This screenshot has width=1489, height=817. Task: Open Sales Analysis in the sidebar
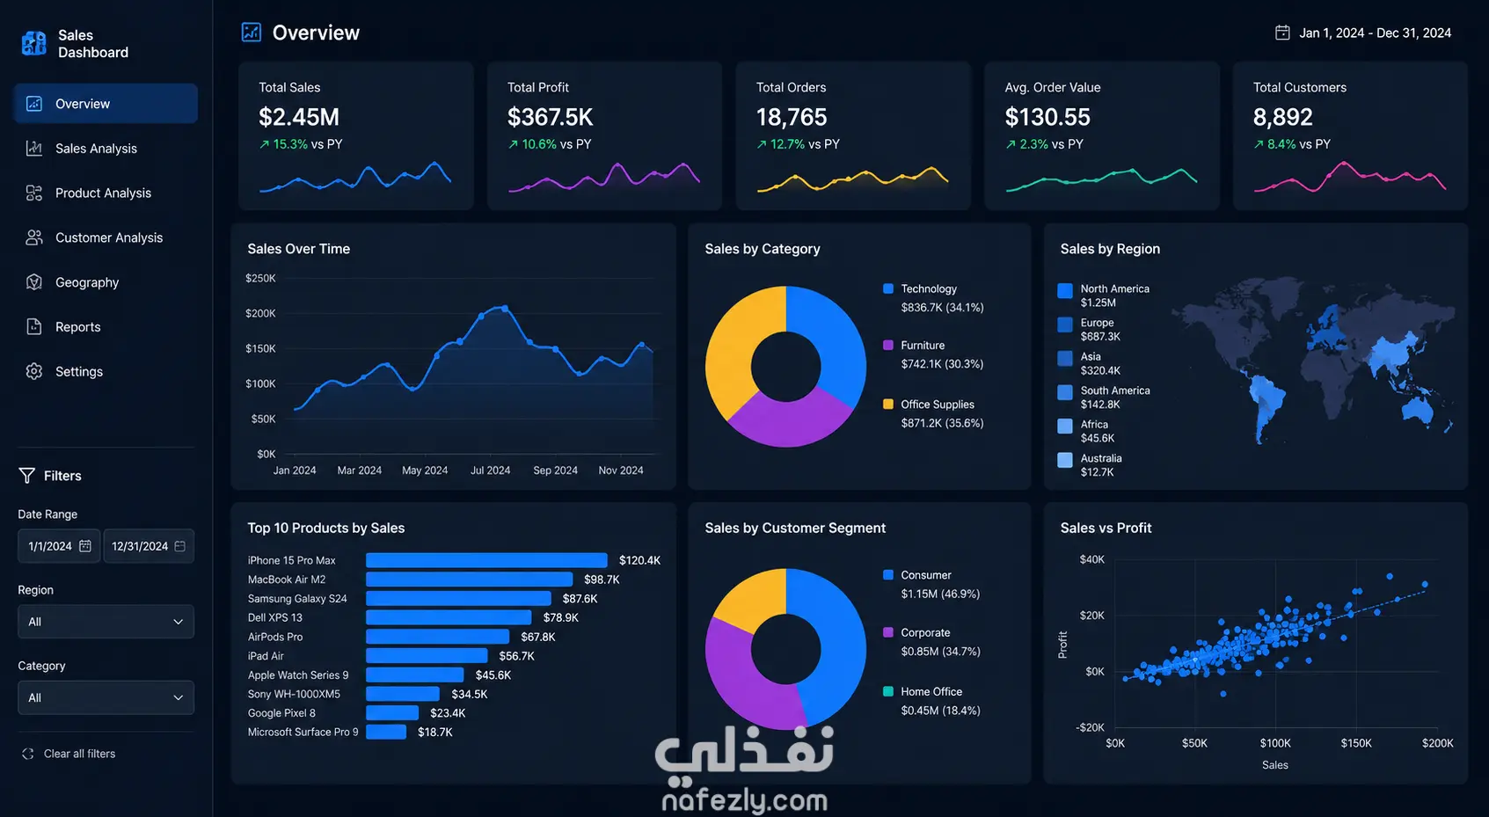coord(96,149)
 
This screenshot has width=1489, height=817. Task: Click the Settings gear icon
coord(34,371)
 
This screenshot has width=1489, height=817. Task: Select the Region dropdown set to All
coord(106,622)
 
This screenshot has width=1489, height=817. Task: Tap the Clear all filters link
coord(79,753)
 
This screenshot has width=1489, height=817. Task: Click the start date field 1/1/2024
coord(59,546)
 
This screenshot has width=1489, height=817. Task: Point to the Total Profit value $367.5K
coord(550,117)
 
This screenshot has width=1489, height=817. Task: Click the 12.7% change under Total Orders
coord(787,144)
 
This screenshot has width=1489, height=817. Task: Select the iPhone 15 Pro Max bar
coord(486,560)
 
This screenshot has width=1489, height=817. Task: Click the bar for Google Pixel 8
coord(392,712)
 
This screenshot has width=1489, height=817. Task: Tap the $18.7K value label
coord(434,732)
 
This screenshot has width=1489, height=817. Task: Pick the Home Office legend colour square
coord(888,691)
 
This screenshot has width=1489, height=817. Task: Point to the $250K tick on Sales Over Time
coord(260,278)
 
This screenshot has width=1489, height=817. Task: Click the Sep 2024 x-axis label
coord(555,470)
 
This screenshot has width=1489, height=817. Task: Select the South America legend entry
coord(1104,397)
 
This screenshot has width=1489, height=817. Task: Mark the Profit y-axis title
coord(1063,645)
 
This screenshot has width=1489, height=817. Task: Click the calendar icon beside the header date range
coord(1282,33)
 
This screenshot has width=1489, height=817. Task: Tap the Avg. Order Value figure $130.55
coord(1047,117)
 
